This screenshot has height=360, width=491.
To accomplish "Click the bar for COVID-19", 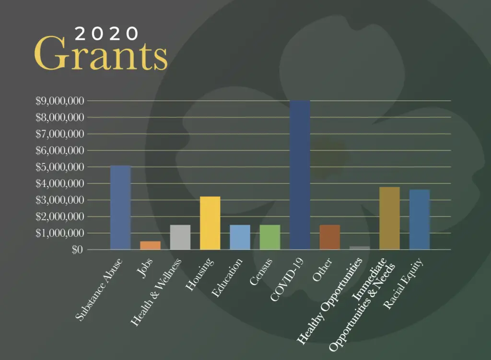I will pyautogui.click(x=300, y=175).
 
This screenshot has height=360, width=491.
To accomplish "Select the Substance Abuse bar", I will pyautogui.click(x=120, y=208).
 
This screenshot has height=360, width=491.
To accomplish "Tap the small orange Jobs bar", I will pyautogui.click(x=150, y=245).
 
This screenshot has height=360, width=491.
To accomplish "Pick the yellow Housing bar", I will pyautogui.click(x=210, y=223).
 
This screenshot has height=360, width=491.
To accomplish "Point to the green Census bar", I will pyautogui.click(x=270, y=237).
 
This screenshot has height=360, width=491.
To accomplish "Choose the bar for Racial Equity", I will pyautogui.click(x=420, y=220).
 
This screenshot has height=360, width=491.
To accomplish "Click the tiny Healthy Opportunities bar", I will pyautogui.click(x=360, y=248).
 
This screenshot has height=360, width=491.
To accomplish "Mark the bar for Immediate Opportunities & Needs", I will pyautogui.click(x=389, y=218).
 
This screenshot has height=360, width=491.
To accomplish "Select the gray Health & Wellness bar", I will pyautogui.click(x=180, y=237).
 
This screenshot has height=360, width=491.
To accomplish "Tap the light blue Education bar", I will pyautogui.click(x=240, y=237).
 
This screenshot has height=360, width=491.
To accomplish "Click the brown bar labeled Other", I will pyautogui.click(x=330, y=237).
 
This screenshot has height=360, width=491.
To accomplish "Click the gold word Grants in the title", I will pyautogui.click(x=101, y=56).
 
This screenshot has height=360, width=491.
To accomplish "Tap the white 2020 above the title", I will pyautogui.click(x=107, y=33).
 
